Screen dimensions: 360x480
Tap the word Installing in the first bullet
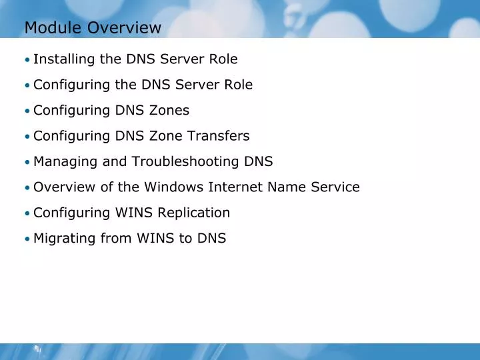[64, 59]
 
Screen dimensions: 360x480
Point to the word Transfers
[218, 136]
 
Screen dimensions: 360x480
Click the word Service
[335, 187]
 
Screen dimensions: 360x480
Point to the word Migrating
[62, 239]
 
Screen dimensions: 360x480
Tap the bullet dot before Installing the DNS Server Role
[27, 60]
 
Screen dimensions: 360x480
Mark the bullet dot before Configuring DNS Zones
[27, 111]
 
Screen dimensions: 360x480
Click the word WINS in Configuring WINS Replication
[134, 213]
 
